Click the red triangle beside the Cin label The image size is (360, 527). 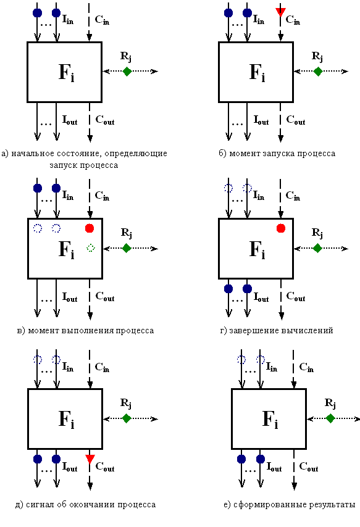(280, 12)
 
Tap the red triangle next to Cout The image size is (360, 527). (90, 459)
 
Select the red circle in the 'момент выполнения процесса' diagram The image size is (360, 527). (90, 228)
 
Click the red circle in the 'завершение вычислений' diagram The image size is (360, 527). (280, 228)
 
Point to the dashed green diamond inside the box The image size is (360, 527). (91, 247)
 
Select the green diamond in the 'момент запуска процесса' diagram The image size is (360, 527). (317, 71)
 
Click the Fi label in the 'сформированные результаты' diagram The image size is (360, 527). (270, 420)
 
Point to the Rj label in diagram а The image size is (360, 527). (126, 57)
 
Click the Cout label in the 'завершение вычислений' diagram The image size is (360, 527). (296, 297)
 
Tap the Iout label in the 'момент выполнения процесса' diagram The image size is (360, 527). (70, 297)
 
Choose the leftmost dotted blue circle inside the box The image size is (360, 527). (38, 228)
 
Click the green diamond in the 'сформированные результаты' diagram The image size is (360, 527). (330, 418)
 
